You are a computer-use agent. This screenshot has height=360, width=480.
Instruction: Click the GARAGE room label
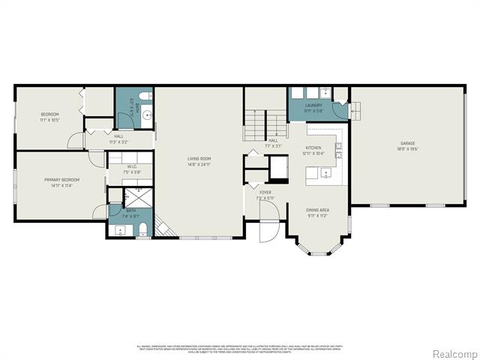tap(407, 143)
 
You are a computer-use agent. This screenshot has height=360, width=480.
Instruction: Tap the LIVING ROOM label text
tap(199, 158)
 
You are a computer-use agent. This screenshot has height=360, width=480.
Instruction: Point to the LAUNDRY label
tap(313, 106)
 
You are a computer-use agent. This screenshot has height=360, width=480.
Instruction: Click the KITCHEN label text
tap(313, 148)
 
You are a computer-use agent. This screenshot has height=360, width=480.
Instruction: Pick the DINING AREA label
tap(317, 210)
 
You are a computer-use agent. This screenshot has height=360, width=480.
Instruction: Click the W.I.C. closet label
tap(131, 166)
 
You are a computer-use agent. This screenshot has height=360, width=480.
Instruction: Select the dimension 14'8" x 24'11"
tap(199, 163)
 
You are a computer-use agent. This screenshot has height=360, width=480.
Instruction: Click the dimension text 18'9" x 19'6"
tap(407, 148)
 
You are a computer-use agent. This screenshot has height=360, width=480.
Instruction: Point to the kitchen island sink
tap(325, 173)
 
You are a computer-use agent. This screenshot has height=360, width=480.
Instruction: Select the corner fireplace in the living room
tap(161, 226)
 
